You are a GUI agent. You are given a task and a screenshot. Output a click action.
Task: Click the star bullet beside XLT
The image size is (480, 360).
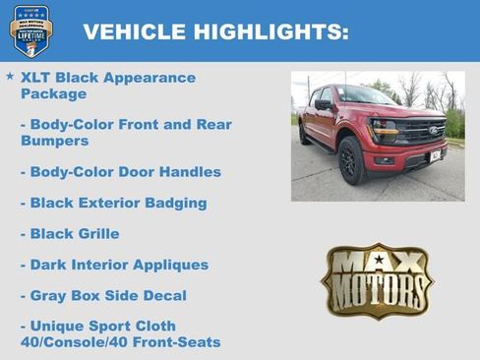point(10,76)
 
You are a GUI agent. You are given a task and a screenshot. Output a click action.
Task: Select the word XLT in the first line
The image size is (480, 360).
point(37,78)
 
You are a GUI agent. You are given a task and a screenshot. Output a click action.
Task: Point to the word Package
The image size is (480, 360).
point(53,94)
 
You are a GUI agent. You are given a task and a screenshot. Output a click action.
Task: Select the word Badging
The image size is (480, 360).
point(172,203)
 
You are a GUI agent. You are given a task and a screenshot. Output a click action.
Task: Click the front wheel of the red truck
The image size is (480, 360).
point(350,161)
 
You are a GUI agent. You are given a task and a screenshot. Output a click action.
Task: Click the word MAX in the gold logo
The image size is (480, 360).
point(377,263)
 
